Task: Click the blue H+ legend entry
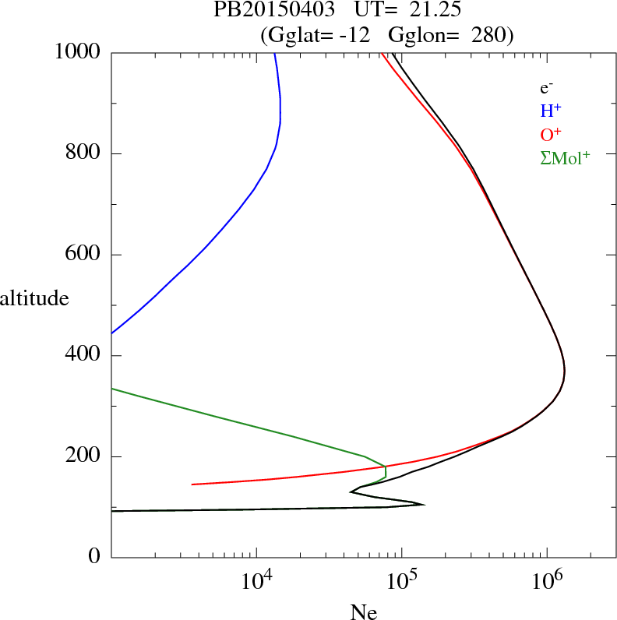coord(551,111)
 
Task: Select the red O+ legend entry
coord(552,135)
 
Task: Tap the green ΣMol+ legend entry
coord(565,158)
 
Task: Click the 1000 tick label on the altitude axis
coord(79,52)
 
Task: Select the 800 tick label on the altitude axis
coord(84,153)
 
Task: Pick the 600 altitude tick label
coord(84,255)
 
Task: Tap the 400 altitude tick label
coord(84,356)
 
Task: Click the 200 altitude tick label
coord(84,456)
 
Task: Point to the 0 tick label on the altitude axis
coord(95,558)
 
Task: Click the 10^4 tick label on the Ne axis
coord(256,581)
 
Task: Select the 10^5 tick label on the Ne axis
coord(401,581)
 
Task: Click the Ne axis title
coord(363,612)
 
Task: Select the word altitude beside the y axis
coord(34,298)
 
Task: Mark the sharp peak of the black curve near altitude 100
coord(424,505)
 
